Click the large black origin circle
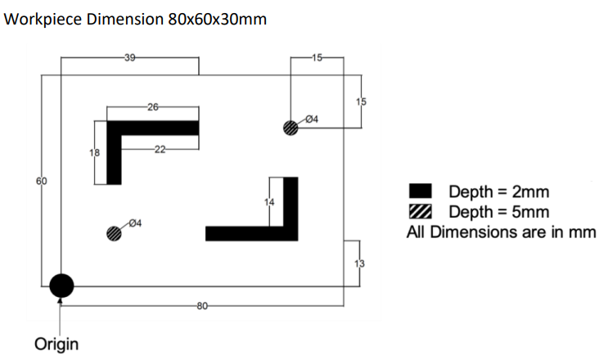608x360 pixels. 61,286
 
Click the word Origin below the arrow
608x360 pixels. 56,344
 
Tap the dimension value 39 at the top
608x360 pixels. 129,57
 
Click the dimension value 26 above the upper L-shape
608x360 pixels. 153,107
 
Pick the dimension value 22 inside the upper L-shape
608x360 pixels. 160,149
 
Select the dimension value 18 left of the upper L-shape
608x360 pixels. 94,153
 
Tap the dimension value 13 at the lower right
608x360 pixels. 358,263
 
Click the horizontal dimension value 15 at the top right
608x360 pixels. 318,57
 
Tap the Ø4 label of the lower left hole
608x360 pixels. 136,222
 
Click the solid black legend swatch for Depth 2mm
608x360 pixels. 419,192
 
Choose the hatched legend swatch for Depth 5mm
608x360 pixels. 419,212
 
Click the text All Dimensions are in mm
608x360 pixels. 501,232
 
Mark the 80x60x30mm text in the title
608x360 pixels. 217,18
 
